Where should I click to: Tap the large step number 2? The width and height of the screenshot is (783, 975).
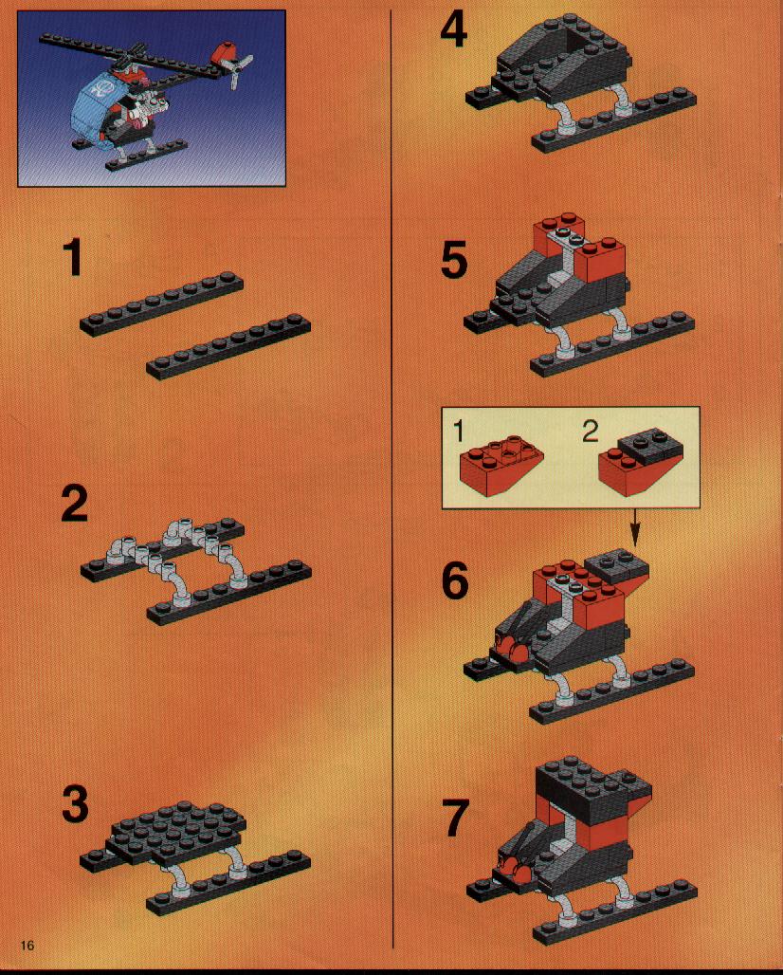[x=75, y=504]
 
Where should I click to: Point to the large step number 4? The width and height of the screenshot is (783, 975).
[x=454, y=30]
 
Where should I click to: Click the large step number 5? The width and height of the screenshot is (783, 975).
[x=454, y=261]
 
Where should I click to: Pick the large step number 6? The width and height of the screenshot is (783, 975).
[x=455, y=580]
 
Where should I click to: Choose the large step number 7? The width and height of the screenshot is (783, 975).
[x=455, y=818]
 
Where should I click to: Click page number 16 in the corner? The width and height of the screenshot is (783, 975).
[x=27, y=946]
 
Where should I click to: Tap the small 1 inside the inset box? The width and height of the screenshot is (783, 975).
[x=459, y=431]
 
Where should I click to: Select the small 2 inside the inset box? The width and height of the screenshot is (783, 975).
[x=591, y=431]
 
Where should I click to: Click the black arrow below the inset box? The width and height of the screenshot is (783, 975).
[x=635, y=528]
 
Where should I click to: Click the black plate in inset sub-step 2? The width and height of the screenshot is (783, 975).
[x=650, y=445]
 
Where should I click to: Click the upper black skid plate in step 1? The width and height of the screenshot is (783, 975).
[x=161, y=304]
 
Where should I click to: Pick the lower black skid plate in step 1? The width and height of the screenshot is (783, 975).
[x=228, y=347]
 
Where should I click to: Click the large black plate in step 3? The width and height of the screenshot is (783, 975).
[x=175, y=830]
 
